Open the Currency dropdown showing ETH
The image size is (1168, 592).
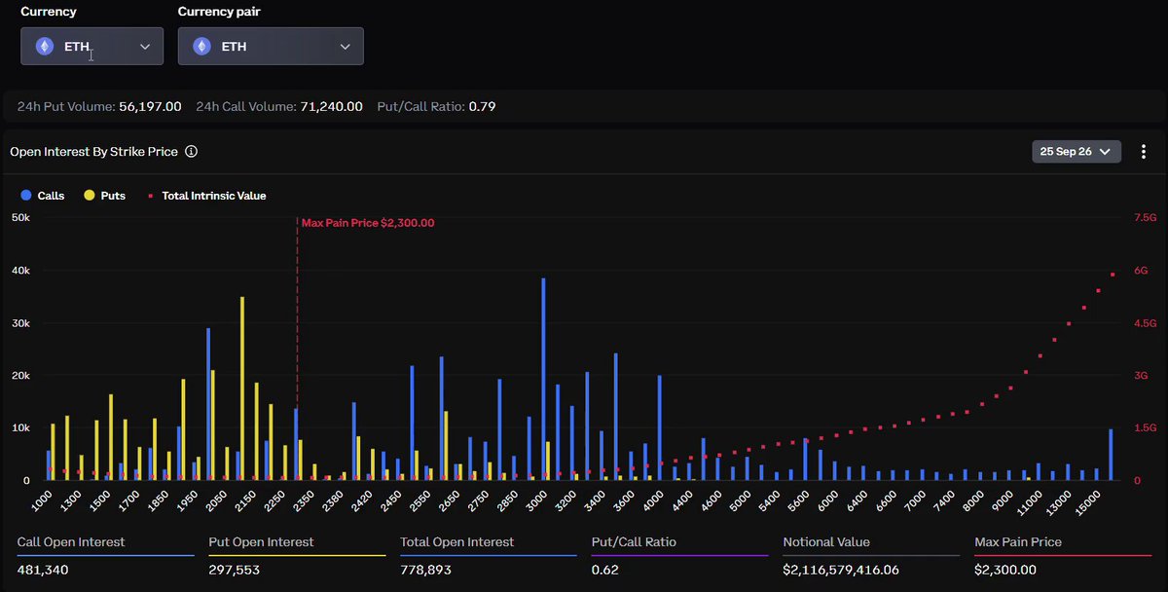[x=91, y=47]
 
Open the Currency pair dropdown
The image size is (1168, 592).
[x=271, y=47]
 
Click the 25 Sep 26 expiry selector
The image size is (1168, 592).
[x=1077, y=152]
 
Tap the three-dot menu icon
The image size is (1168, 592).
[x=1144, y=152]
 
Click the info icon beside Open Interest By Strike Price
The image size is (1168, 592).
[x=192, y=151]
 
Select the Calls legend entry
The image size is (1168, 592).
[x=43, y=196]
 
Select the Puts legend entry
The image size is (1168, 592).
[x=105, y=196]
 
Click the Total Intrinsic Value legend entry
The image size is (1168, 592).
[x=207, y=196]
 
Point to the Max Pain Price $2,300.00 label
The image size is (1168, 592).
[x=368, y=223]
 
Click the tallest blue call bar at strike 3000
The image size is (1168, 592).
[x=543, y=379]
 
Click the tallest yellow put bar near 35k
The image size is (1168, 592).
[x=242, y=388]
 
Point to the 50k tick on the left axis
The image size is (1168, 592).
[x=20, y=217]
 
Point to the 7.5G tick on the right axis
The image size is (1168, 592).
[x=1145, y=217]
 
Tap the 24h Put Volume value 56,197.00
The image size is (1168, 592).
[x=150, y=106]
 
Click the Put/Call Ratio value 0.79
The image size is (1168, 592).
[x=483, y=106]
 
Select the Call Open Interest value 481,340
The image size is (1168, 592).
[x=43, y=570]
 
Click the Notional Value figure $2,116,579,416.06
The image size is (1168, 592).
[x=841, y=570]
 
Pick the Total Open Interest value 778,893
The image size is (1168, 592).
[x=425, y=570]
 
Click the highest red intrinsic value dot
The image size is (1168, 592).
[x=1113, y=275]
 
